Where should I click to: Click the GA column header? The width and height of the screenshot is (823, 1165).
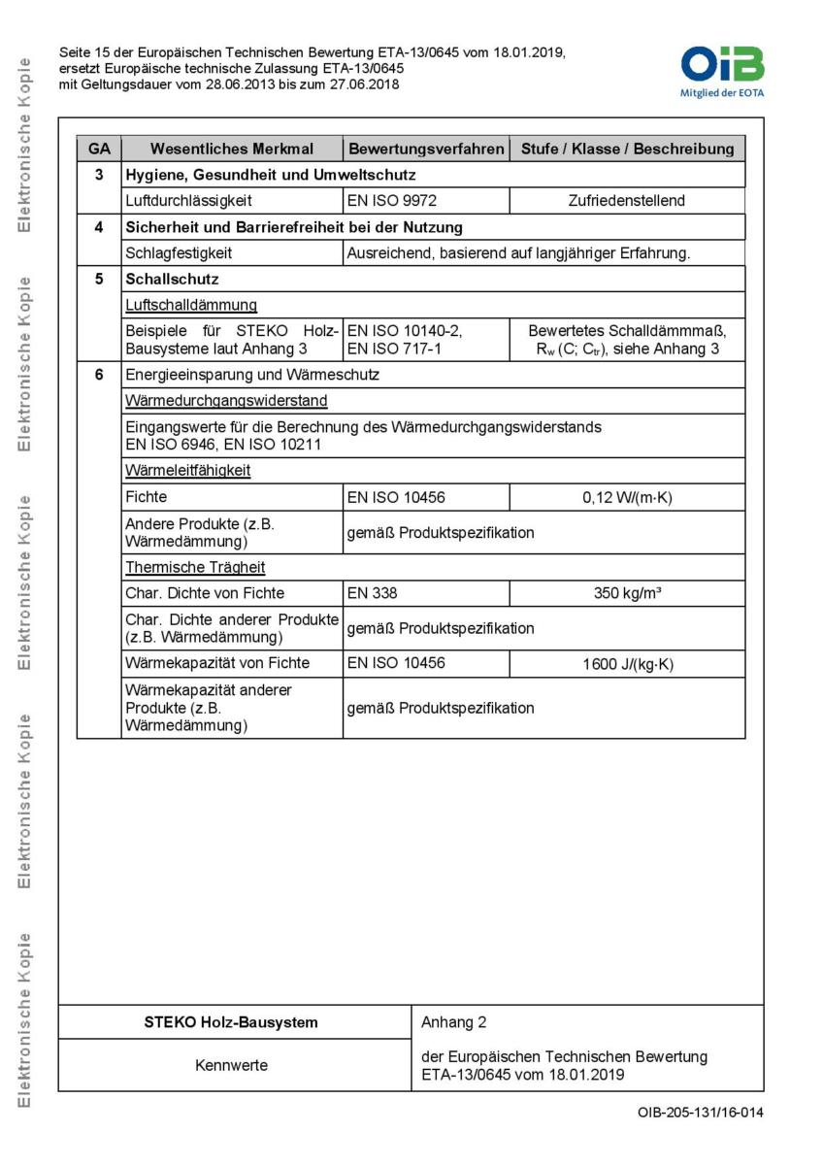(x=99, y=149)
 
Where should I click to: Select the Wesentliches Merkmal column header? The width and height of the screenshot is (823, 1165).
(x=232, y=149)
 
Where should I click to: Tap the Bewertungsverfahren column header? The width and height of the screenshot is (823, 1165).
(x=426, y=149)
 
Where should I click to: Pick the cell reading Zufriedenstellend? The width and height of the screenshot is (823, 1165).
(x=627, y=201)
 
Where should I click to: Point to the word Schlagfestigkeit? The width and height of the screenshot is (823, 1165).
(x=180, y=253)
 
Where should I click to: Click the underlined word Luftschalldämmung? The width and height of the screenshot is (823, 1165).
(x=191, y=305)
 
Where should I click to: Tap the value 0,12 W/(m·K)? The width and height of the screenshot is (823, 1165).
(x=627, y=498)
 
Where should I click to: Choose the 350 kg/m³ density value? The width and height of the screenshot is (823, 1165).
(x=627, y=593)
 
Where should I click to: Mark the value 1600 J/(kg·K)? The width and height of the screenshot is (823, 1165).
(x=627, y=664)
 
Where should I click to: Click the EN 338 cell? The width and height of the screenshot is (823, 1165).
(x=373, y=593)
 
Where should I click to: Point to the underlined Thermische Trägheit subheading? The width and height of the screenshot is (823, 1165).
(x=195, y=567)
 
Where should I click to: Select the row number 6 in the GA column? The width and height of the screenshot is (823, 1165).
(x=99, y=375)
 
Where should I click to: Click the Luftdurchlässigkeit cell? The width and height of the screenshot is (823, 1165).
(x=189, y=201)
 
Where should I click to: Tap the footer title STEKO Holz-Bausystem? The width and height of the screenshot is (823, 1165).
(x=231, y=1022)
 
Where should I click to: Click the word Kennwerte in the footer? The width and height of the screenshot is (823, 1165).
(x=231, y=1065)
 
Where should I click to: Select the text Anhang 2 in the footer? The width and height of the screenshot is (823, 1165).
(x=454, y=1022)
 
